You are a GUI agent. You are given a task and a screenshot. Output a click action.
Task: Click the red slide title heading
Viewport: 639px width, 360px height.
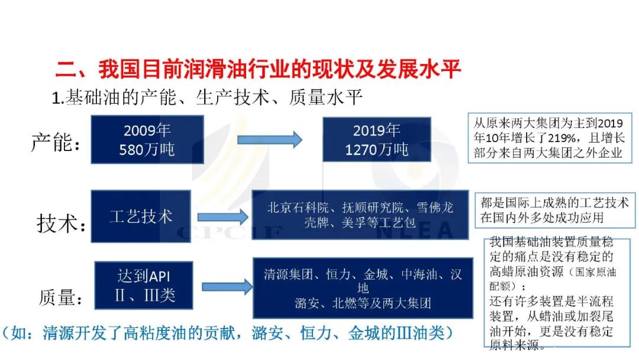pos(258,69)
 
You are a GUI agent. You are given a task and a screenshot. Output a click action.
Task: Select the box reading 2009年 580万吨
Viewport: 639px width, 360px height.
pos(147,139)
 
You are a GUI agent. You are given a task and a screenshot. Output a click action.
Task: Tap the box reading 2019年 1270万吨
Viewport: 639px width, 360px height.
pos(376,139)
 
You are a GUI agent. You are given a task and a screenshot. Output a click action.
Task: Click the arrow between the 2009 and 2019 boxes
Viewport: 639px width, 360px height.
pos(269,140)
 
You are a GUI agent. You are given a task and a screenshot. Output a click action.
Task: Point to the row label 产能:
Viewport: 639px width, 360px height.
pos(56,142)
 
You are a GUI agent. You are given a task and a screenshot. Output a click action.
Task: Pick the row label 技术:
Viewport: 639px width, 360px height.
pos(61,223)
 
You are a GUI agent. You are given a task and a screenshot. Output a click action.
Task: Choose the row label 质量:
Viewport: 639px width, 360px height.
pos(61,297)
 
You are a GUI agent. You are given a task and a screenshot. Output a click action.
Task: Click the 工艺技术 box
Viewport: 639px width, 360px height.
pos(141,217)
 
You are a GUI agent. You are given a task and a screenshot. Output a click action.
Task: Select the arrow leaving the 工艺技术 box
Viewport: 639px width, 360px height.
pos(222,217)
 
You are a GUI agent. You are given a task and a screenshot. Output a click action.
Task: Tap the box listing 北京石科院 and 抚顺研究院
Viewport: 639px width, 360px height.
pos(360,215)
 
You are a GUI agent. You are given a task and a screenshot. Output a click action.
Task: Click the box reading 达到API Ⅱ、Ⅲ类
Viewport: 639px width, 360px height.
pos(143,285)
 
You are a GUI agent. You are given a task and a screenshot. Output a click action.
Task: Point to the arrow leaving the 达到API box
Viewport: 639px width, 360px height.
pos(227,287)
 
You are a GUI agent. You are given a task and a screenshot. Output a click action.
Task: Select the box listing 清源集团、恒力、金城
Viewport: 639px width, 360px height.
pos(363,288)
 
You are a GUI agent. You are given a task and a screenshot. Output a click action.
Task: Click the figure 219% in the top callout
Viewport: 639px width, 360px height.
pos(561,138)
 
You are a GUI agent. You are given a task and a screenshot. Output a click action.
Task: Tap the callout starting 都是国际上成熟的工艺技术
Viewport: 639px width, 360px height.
pos(554,210)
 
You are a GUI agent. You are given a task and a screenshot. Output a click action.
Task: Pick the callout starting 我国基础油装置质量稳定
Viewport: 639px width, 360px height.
pos(557,292)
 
